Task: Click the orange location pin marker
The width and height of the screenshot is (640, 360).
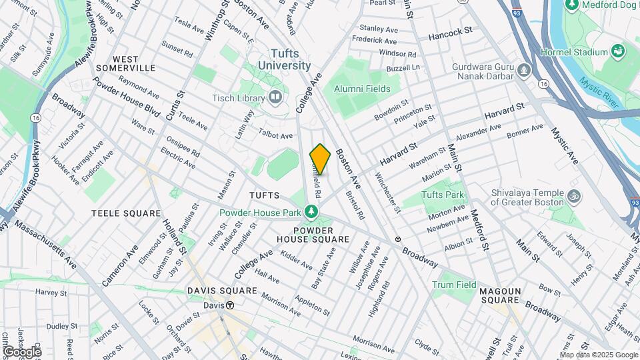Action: coord(320,159)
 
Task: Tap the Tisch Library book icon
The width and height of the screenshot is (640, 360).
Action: coord(275,99)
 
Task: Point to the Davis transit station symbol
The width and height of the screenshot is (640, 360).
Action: coord(229,305)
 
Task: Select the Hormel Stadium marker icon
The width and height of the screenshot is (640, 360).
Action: coord(617,51)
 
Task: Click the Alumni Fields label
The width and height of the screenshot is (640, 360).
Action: coord(362,88)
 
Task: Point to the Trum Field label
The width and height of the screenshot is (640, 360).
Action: coord(454,285)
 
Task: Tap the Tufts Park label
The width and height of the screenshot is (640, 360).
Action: coord(443,195)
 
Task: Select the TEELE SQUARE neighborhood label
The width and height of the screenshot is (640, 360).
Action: coord(126,213)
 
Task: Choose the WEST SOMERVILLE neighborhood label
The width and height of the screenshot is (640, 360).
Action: coord(125,63)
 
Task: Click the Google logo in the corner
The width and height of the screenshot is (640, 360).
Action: coord(22,351)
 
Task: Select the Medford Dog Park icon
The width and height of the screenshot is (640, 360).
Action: coord(572,5)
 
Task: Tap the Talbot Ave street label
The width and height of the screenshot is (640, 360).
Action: coord(276,135)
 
